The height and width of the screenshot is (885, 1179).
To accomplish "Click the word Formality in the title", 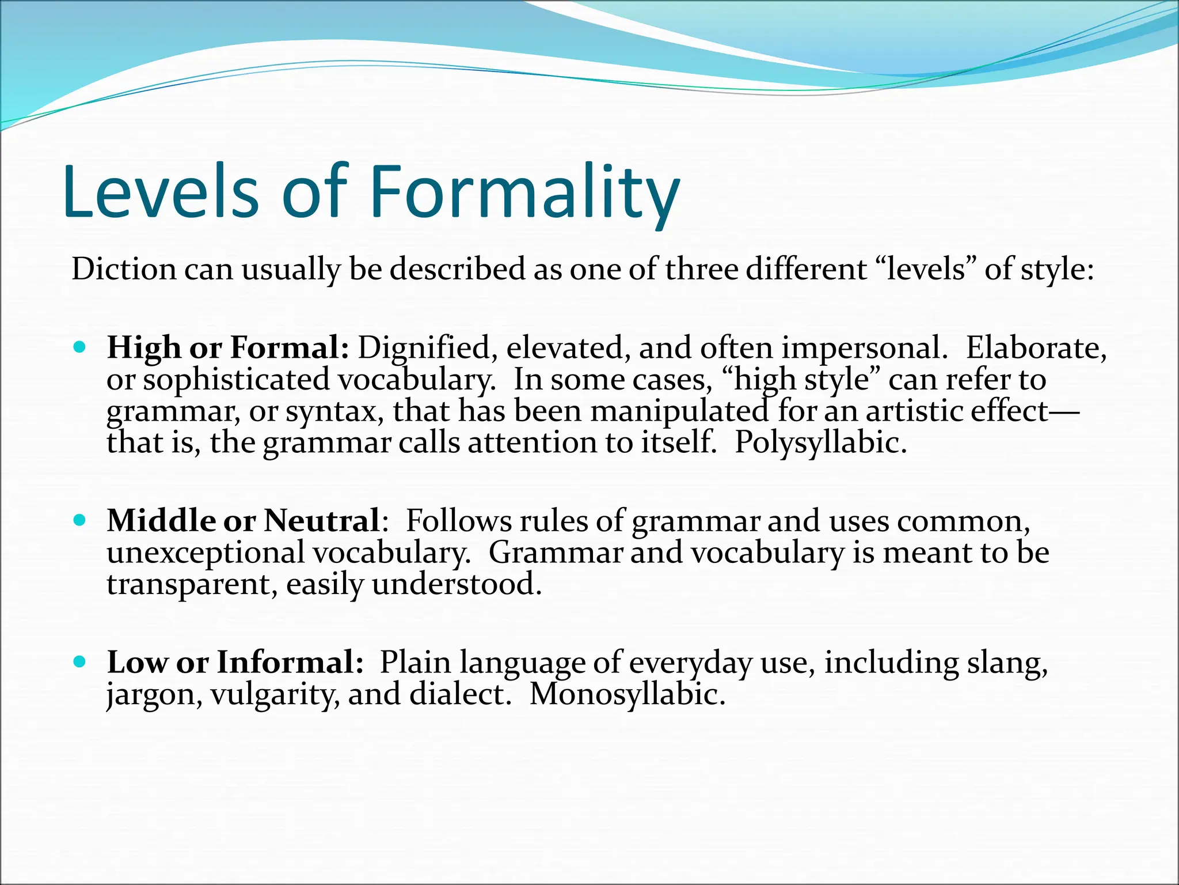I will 524,192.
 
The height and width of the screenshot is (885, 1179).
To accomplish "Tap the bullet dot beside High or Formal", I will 80,347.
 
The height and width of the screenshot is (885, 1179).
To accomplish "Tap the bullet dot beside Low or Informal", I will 80,661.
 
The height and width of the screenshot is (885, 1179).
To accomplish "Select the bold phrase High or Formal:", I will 228,348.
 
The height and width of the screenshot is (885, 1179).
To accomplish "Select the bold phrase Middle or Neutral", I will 243,521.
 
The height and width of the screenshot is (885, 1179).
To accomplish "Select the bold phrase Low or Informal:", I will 235,662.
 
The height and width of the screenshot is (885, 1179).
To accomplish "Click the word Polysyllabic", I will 820,443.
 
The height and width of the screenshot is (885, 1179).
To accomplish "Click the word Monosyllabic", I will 627,694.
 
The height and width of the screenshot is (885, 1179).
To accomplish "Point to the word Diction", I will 124,269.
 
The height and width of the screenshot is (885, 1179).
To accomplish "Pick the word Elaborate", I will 1036,348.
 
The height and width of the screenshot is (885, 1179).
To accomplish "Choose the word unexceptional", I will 206,553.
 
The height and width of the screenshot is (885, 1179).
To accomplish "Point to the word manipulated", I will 679,411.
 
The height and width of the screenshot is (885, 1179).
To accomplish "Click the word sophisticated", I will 236,380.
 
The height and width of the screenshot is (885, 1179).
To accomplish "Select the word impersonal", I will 864,348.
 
